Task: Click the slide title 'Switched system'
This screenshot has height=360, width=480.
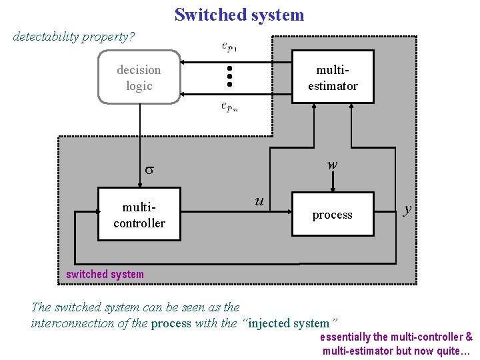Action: (x=239, y=15)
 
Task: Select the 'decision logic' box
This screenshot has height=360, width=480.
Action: (x=139, y=77)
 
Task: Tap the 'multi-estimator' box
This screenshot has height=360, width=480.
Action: (x=333, y=77)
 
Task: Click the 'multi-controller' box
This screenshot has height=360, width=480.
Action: (x=139, y=215)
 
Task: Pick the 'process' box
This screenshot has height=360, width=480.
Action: (x=333, y=215)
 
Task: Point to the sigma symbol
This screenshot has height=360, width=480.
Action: (x=150, y=169)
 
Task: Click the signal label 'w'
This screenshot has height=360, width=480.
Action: (x=332, y=164)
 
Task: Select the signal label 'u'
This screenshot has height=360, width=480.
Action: (x=259, y=200)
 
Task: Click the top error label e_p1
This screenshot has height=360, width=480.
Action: (x=229, y=47)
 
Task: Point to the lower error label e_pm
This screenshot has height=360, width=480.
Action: (x=229, y=107)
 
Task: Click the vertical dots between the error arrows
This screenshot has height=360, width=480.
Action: (x=229, y=76)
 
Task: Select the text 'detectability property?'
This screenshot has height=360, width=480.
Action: (x=74, y=36)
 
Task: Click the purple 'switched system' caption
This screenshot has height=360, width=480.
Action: (x=105, y=274)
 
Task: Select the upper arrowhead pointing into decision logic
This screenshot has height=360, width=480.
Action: (x=185, y=62)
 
